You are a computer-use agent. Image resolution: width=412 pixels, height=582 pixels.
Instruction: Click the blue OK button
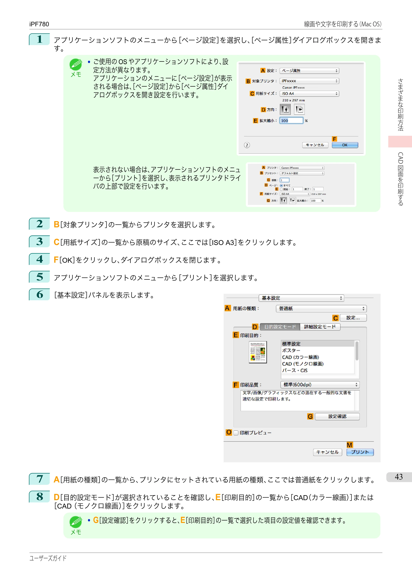click(x=345, y=145)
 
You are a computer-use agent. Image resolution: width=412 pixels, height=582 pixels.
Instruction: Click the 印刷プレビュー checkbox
click(x=236, y=433)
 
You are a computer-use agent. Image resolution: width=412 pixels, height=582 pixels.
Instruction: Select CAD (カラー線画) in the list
click(x=300, y=357)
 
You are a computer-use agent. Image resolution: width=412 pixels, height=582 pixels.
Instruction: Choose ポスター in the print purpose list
click(x=291, y=350)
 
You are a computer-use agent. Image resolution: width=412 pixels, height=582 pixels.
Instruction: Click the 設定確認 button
click(x=337, y=416)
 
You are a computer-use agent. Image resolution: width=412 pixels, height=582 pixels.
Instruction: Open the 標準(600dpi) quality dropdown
click(x=320, y=385)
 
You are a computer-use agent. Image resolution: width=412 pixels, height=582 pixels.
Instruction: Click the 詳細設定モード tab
click(x=320, y=327)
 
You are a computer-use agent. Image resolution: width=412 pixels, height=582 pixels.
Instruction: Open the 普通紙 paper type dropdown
click(x=321, y=309)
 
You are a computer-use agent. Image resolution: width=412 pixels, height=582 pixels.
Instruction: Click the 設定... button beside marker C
click(x=353, y=318)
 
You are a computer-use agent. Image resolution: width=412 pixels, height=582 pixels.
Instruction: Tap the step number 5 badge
click(x=39, y=277)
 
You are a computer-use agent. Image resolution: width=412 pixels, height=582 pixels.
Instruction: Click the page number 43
click(x=399, y=477)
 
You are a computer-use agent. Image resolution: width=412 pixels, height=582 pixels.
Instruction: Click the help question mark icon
click(x=247, y=145)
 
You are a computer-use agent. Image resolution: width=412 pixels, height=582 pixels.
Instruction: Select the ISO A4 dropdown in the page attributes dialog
click(x=309, y=94)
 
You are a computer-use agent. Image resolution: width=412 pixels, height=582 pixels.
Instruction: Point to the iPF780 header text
click(x=39, y=24)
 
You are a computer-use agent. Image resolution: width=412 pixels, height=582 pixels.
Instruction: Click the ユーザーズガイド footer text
click(x=48, y=558)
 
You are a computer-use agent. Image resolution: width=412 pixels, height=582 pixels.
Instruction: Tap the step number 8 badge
click(x=39, y=497)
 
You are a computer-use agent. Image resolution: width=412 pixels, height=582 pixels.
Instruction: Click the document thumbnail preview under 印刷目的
click(x=258, y=352)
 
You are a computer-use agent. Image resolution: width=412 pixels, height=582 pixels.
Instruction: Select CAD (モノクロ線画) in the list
click(x=303, y=364)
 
